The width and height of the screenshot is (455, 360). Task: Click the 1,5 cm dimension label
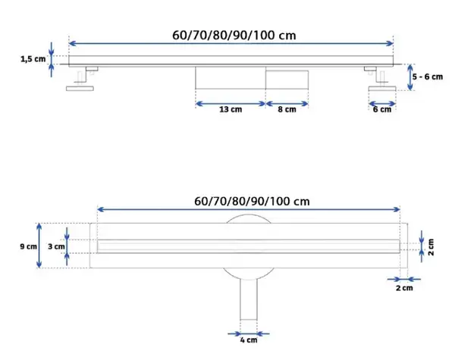click(x=33, y=59)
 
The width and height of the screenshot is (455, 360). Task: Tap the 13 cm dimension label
click(x=231, y=109)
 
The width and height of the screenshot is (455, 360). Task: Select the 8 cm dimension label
click(x=287, y=109)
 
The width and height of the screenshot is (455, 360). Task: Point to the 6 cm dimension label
click(x=382, y=109)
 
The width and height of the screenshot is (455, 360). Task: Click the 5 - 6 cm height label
click(x=428, y=77)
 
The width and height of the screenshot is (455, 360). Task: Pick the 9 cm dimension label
click(x=29, y=246)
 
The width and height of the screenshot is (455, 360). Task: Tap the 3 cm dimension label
click(x=56, y=246)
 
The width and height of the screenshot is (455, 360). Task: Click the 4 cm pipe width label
click(x=249, y=340)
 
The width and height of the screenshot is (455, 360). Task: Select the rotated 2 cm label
click(x=431, y=247)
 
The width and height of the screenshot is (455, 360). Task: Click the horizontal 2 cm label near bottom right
click(x=404, y=288)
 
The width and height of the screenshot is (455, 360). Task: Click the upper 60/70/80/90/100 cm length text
click(x=234, y=36)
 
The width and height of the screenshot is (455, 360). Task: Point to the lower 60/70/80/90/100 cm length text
click(x=252, y=202)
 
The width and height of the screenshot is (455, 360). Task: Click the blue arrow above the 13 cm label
click(x=231, y=104)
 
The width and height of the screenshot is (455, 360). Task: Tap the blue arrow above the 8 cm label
click(x=287, y=104)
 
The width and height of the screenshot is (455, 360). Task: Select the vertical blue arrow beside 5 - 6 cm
click(x=409, y=77)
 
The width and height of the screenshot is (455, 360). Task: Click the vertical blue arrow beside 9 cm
click(x=39, y=246)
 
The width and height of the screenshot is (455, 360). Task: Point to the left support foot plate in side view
click(x=80, y=89)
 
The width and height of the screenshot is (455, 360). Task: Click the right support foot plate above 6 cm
click(x=382, y=89)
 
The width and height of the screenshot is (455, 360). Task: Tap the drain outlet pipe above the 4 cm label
click(x=249, y=299)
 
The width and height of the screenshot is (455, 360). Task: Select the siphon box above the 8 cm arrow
click(x=287, y=80)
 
